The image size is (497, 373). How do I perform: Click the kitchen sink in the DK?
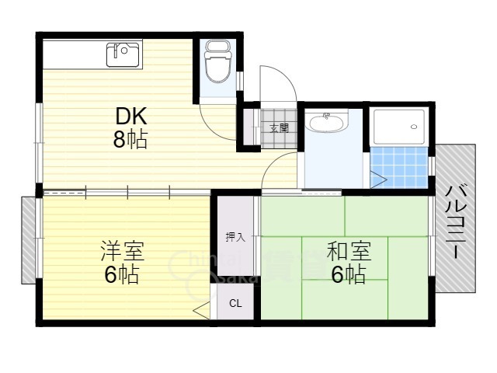tap(123, 54)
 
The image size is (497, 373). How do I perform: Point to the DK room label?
tap(131, 117)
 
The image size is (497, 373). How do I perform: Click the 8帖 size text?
tap(131, 141)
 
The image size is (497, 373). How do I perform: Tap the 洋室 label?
tap(122, 252)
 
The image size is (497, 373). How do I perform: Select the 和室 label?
tap(348, 252)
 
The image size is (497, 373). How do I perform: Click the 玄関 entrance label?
tap(279, 128)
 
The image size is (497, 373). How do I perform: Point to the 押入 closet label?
tap(235, 237)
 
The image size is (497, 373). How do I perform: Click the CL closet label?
tap(235, 304)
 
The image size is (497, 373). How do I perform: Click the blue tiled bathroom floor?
tap(399, 166)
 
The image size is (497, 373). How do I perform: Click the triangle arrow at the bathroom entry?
tap(378, 180)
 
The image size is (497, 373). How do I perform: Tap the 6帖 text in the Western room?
tap(122, 274)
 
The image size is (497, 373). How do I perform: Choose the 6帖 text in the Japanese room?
tap(348, 274)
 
